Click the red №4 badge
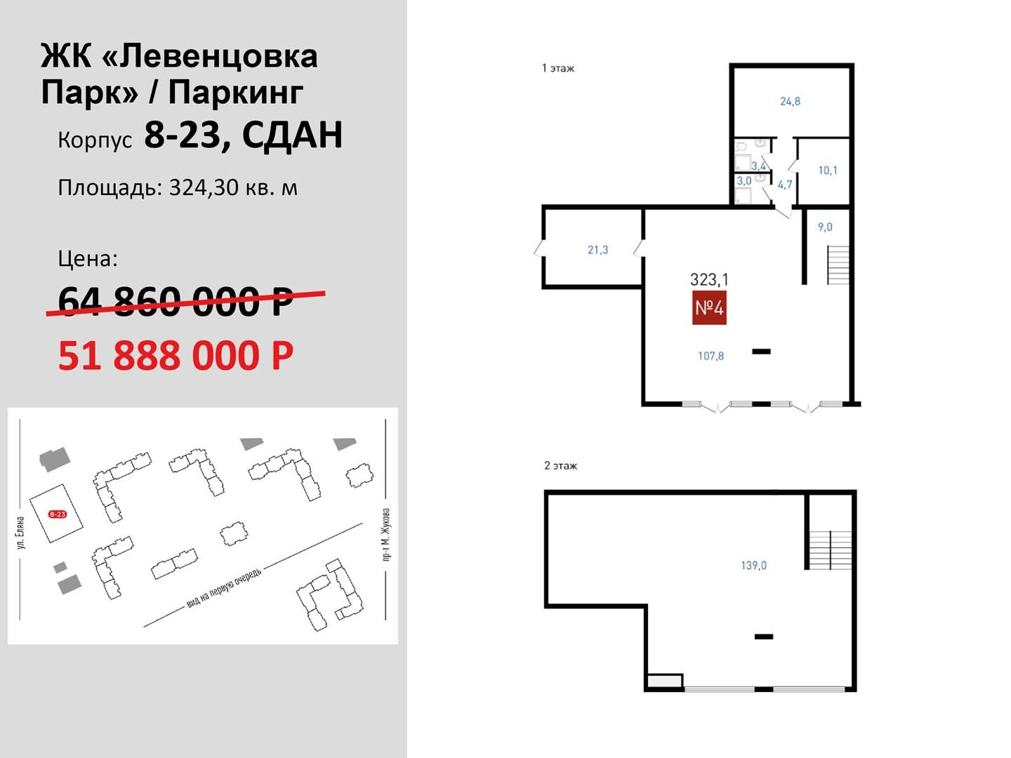pyautogui.click(x=709, y=307)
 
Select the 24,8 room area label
pyautogui.click(x=790, y=101)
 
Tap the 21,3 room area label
pyautogui.click(x=598, y=250)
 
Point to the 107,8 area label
pyautogui.click(x=711, y=356)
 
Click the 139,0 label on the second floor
pyautogui.click(x=753, y=565)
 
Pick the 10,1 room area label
pyautogui.click(x=827, y=171)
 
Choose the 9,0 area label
pyautogui.click(x=825, y=227)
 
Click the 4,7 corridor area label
pyautogui.click(x=785, y=185)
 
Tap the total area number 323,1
pyautogui.click(x=709, y=279)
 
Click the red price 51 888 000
pyautogui.click(x=176, y=355)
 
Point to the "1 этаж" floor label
pyautogui.click(x=558, y=69)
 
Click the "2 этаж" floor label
pyautogui.click(x=560, y=466)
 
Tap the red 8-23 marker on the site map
pyautogui.click(x=58, y=514)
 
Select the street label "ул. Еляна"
pyautogui.click(x=21, y=533)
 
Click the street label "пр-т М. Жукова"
pyautogui.click(x=386, y=534)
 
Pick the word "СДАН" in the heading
pyautogui.click(x=293, y=135)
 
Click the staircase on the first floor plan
pyautogui.click(x=838, y=265)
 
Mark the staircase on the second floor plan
pyautogui.click(x=831, y=550)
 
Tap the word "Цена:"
pyautogui.click(x=88, y=259)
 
